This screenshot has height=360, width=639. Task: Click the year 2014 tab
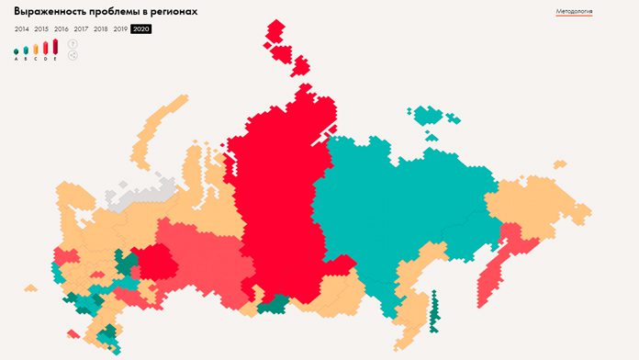tap(21, 29)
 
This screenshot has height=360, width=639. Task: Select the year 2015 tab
tap(41, 29)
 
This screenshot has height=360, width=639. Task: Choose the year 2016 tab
tap(62, 29)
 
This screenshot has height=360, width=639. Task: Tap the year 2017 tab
tap(81, 29)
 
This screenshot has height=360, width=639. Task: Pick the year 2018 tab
tap(101, 29)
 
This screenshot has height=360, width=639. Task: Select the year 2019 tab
tap(120, 29)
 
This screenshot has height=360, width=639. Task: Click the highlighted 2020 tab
tap(141, 29)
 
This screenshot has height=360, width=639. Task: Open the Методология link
tap(574, 12)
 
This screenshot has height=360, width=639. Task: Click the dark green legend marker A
tap(17, 51)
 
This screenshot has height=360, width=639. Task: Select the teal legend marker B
tap(26, 50)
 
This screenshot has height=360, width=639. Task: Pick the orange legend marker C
tap(36, 49)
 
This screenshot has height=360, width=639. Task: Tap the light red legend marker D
tap(46, 48)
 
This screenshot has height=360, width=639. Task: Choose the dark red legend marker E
tap(56, 46)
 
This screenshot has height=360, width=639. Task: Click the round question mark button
tap(73, 43)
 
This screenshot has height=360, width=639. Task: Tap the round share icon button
tap(73, 55)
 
